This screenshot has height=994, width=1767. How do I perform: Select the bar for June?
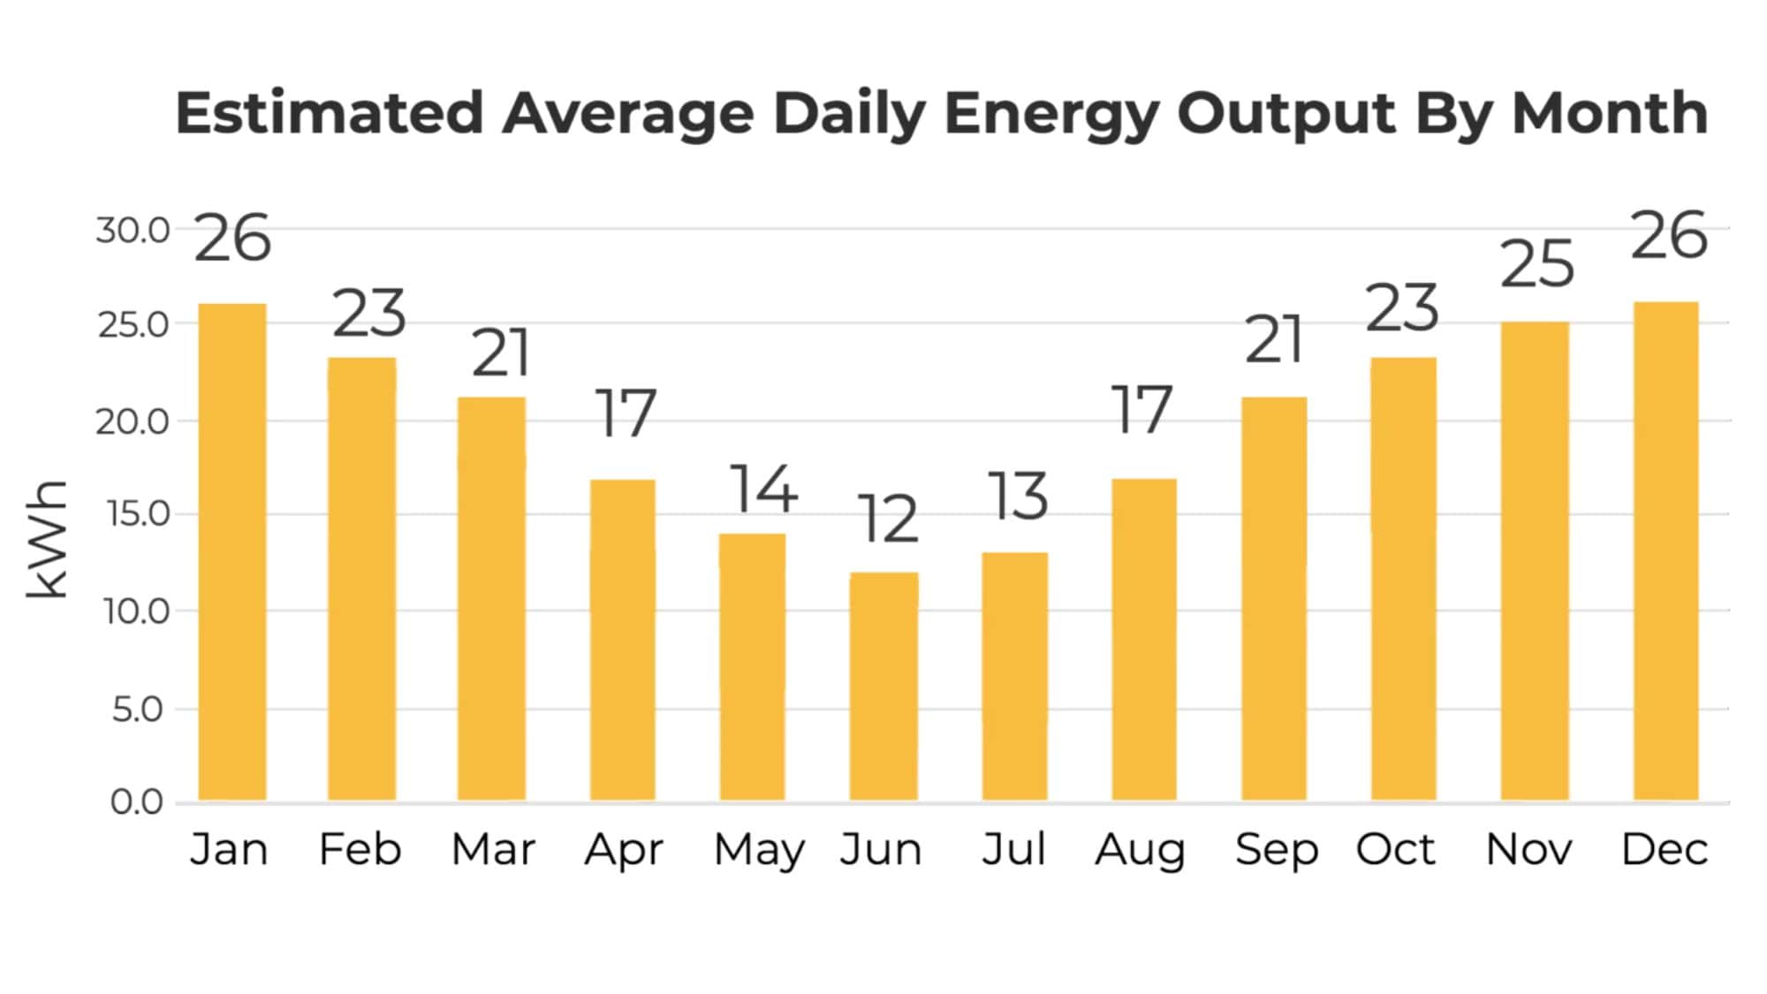[883, 687]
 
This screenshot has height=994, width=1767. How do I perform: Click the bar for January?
[232, 552]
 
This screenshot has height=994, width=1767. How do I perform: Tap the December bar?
[1665, 551]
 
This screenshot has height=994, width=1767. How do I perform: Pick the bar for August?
[1144, 640]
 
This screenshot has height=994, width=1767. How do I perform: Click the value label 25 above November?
[1537, 264]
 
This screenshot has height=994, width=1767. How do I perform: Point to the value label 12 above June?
[888, 520]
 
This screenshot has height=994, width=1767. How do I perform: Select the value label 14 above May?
[763, 489]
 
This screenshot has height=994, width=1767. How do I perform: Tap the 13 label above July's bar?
[1018, 497]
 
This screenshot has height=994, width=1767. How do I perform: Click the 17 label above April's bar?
[626, 414]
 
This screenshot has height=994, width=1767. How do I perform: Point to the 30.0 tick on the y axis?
[133, 231]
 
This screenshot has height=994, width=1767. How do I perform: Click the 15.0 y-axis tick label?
[136, 514]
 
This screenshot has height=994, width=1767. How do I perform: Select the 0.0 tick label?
[136, 802]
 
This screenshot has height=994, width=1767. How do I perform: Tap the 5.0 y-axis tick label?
[138, 709]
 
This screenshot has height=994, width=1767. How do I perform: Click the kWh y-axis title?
[46, 539]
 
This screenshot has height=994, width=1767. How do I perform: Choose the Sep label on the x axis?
[1277, 850]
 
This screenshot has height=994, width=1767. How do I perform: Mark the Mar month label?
[493, 850]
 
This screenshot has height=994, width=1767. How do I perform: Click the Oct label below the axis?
[1396, 850]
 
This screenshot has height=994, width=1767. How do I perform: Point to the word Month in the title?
[1610, 113]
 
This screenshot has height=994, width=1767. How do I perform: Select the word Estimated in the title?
[330, 113]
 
